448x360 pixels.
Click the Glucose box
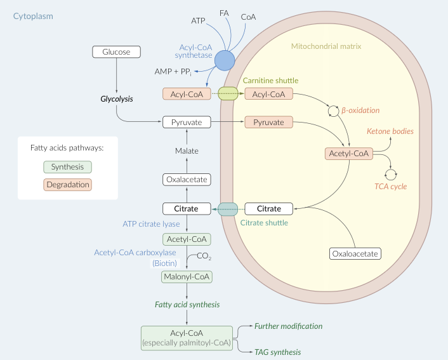pos(116,52)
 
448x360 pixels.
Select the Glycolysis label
pos(117,99)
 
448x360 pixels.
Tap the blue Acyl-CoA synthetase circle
pos(225,61)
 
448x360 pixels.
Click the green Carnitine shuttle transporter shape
pos(228,94)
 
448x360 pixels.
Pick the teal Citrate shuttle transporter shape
pos(228,208)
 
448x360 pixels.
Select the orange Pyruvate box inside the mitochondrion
pos(268,122)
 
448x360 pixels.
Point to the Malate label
pos(187,151)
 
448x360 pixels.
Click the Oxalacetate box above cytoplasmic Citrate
pos(187,180)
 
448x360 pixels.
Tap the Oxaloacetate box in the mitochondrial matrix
pos(355,254)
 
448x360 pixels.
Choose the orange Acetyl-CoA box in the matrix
pos(348,154)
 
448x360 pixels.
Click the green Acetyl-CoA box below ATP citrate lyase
pos(187,239)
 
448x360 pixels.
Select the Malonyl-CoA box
pos(187,277)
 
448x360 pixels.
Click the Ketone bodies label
pos(390,131)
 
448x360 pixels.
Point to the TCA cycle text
pos(390,187)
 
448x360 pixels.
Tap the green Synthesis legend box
pos(67,167)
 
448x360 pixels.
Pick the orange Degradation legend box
pos(67,185)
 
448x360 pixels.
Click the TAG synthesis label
pos(277,352)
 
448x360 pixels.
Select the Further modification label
pos(289,326)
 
